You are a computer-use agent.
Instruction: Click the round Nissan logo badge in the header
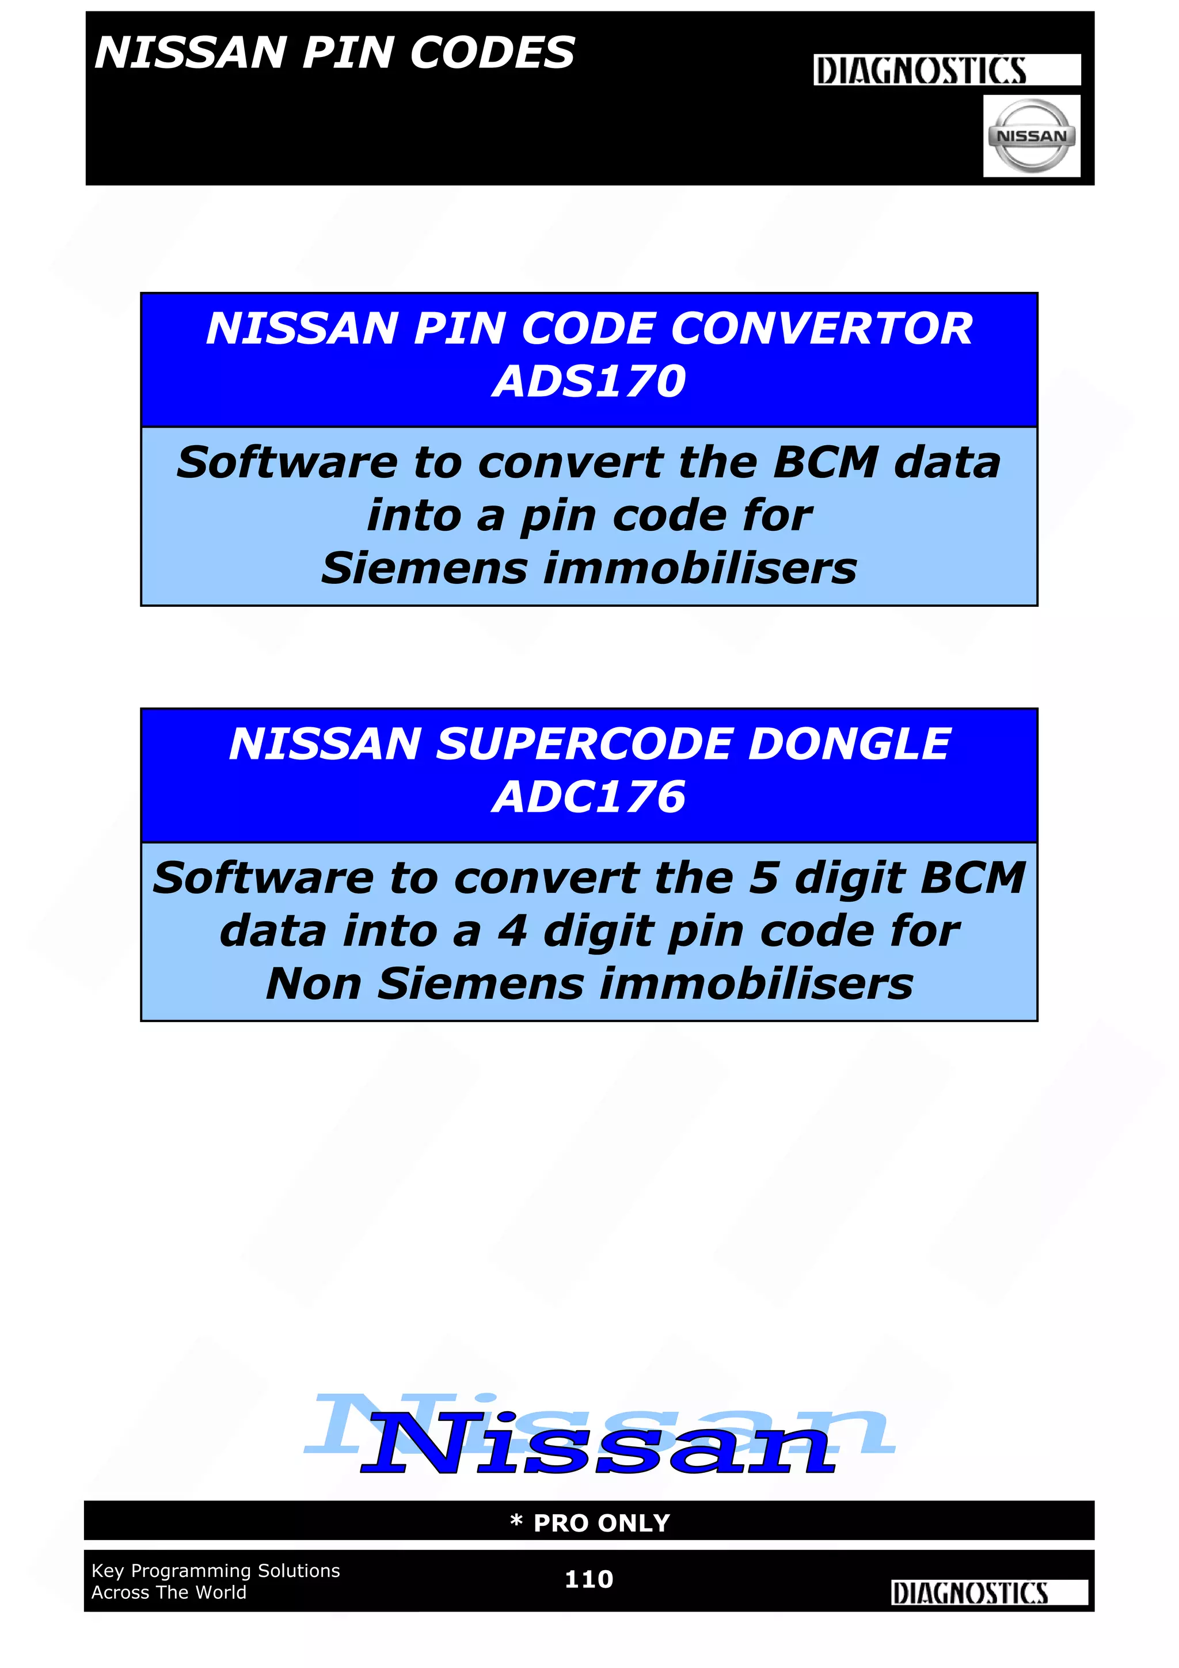pos(1031,136)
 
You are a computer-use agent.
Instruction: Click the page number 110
pos(589,1579)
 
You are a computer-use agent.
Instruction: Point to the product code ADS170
pos(589,381)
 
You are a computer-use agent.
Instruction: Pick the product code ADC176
pos(589,796)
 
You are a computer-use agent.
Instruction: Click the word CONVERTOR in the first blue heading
pos(822,328)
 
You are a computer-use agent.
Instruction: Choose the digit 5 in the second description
pos(763,877)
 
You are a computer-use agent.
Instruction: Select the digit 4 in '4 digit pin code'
pos(512,932)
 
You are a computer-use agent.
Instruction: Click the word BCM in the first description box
pos(826,463)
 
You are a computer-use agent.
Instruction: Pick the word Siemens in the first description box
pos(424,568)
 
